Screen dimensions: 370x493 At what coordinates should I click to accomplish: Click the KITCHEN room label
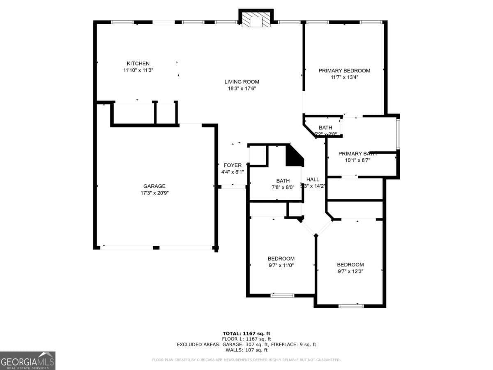click(138, 63)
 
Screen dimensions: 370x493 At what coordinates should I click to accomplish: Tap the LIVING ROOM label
click(242, 81)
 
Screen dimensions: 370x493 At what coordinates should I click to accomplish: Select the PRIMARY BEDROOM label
click(344, 70)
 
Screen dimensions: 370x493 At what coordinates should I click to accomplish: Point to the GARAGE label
click(154, 186)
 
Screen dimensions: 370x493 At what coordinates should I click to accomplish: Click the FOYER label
click(233, 165)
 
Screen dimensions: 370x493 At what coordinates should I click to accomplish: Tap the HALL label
click(313, 179)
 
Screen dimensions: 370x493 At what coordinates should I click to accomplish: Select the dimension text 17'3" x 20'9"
click(154, 193)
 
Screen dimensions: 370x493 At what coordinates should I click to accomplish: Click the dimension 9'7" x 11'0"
click(281, 265)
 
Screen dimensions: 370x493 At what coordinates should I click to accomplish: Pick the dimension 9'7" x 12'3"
click(350, 271)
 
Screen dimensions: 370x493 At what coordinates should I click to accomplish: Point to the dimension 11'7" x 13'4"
click(344, 77)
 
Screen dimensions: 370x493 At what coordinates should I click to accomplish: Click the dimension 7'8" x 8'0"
click(283, 187)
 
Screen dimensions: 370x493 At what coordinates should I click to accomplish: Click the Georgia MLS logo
click(28, 361)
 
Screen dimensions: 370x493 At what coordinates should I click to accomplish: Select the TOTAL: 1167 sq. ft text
click(246, 333)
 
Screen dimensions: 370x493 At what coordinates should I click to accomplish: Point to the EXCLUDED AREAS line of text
click(246, 345)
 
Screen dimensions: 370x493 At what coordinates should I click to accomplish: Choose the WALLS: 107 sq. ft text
click(246, 350)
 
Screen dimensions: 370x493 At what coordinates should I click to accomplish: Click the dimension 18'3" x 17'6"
click(242, 88)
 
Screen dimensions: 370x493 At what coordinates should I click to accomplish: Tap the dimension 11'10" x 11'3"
click(138, 70)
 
